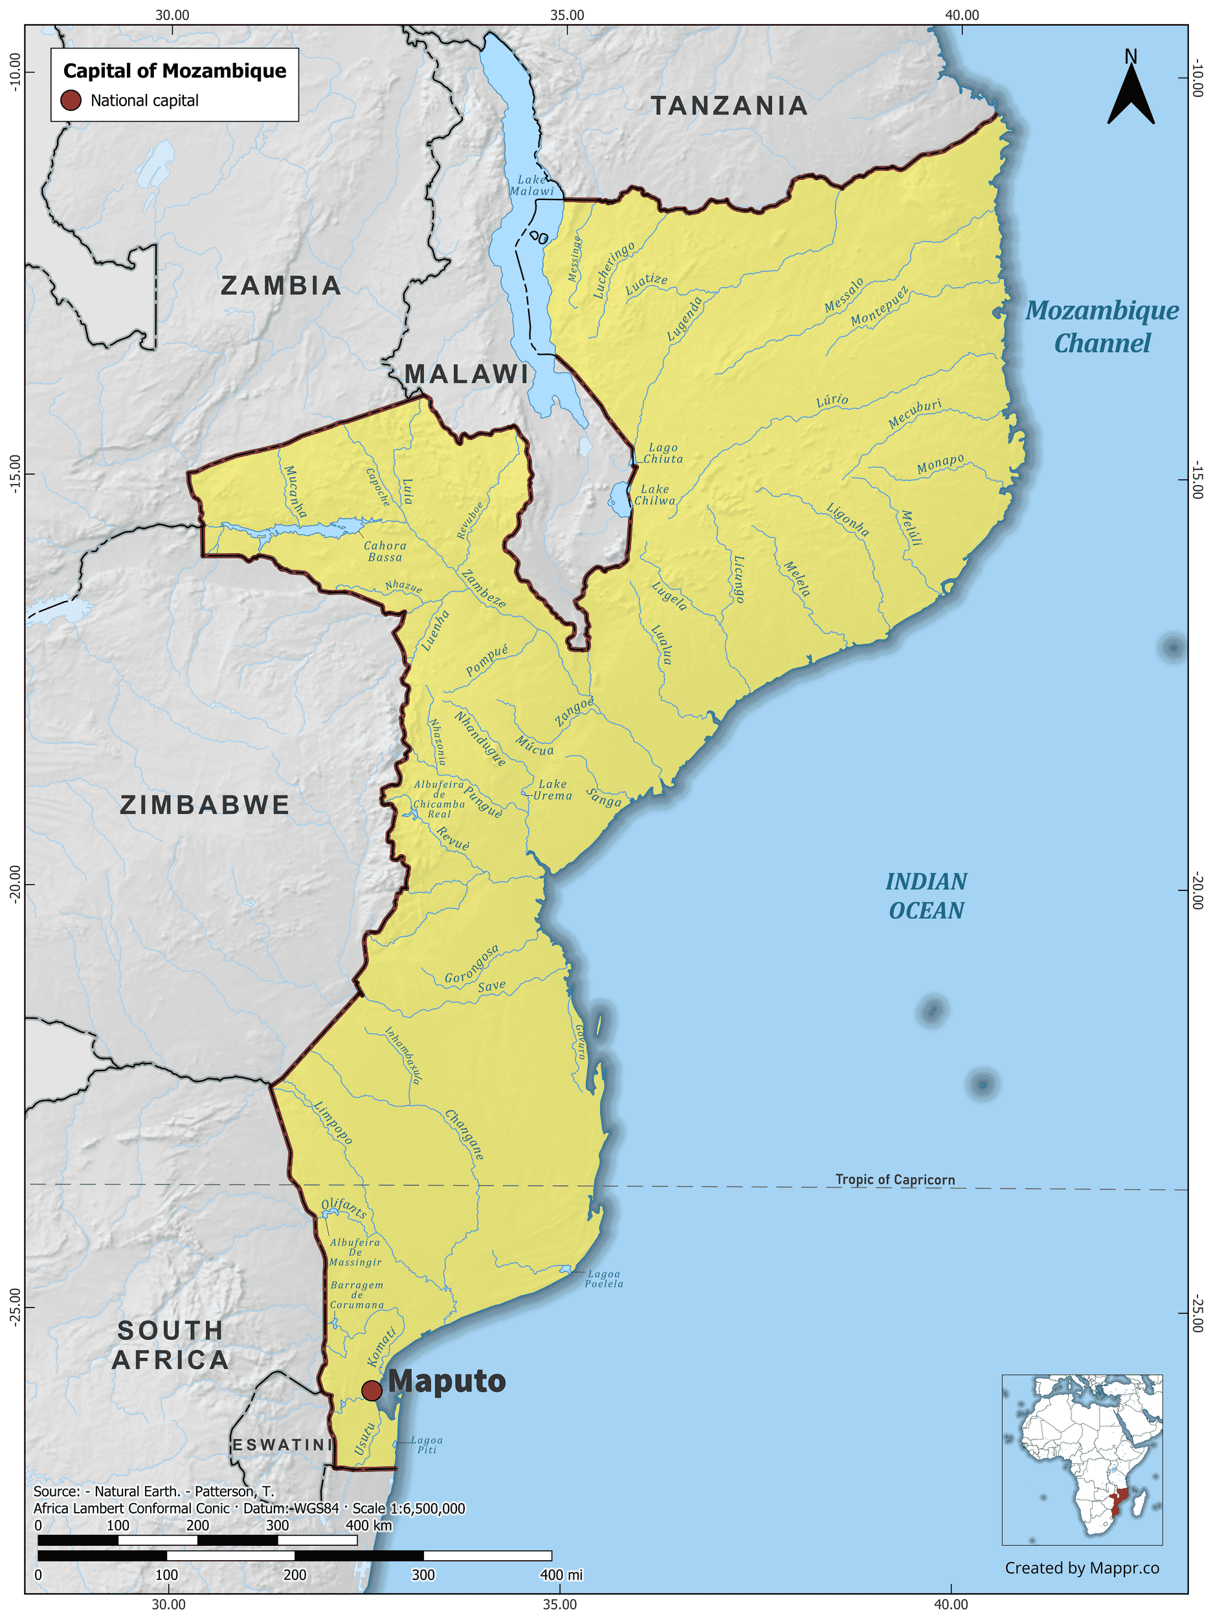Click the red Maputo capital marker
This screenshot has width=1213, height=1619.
[x=372, y=1390]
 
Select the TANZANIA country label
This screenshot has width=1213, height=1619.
[x=729, y=106]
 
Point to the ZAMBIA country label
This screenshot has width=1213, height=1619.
[x=281, y=286]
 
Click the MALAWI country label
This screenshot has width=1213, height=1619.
[x=467, y=374]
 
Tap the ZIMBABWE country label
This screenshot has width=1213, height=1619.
[x=205, y=805]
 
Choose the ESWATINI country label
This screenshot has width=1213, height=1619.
[x=282, y=1445]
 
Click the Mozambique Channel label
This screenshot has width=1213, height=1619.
[x=1102, y=326]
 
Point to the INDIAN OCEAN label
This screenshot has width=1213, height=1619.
[x=926, y=896]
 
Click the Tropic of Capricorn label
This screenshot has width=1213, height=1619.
[x=895, y=1179]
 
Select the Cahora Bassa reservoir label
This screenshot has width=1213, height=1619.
[x=385, y=551]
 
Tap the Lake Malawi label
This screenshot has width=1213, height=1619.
[x=532, y=185]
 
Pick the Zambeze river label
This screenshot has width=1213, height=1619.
[x=483, y=589]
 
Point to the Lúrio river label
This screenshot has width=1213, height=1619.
[x=832, y=400]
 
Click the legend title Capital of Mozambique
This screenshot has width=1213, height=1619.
[x=175, y=71]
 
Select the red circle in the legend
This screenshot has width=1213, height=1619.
[x=71, y=100]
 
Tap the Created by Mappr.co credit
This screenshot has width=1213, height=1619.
[x=1082, y=1567]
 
